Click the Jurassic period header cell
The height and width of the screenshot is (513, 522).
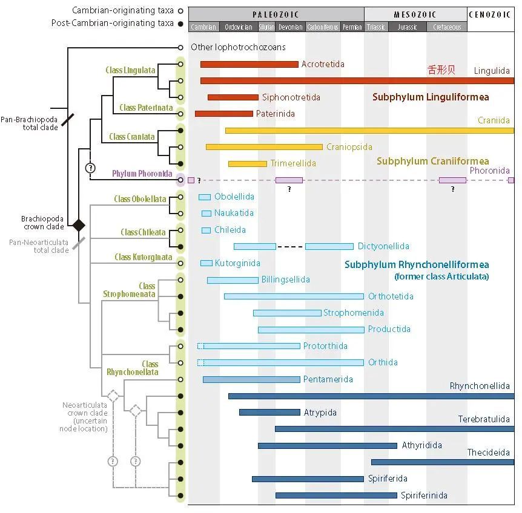[407, 27]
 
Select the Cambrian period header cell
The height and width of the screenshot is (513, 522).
[203, 27]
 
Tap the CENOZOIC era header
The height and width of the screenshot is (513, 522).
[491, 15]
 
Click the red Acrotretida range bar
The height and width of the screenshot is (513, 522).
[249, 64]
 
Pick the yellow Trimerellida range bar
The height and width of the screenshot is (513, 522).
[247, 163]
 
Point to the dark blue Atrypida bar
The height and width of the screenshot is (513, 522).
[269, 413]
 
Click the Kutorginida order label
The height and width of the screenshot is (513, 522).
[238, 263]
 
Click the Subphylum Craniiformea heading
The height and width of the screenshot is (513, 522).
[432, 161]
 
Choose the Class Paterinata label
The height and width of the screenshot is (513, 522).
[146, 108]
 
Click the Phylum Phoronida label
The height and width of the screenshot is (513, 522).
[142, 174]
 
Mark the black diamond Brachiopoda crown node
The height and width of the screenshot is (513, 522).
[78, 225]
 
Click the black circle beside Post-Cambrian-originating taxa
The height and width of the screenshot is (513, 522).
[180, 23]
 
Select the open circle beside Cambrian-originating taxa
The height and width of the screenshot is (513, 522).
[180, 11]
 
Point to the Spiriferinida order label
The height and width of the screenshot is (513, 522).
[424, 495]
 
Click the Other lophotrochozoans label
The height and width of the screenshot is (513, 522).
[238, 47]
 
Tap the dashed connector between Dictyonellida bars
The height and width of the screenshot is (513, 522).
[290, 246]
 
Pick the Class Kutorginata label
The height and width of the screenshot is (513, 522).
[144, 257]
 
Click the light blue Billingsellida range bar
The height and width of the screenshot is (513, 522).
[233, 280]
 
